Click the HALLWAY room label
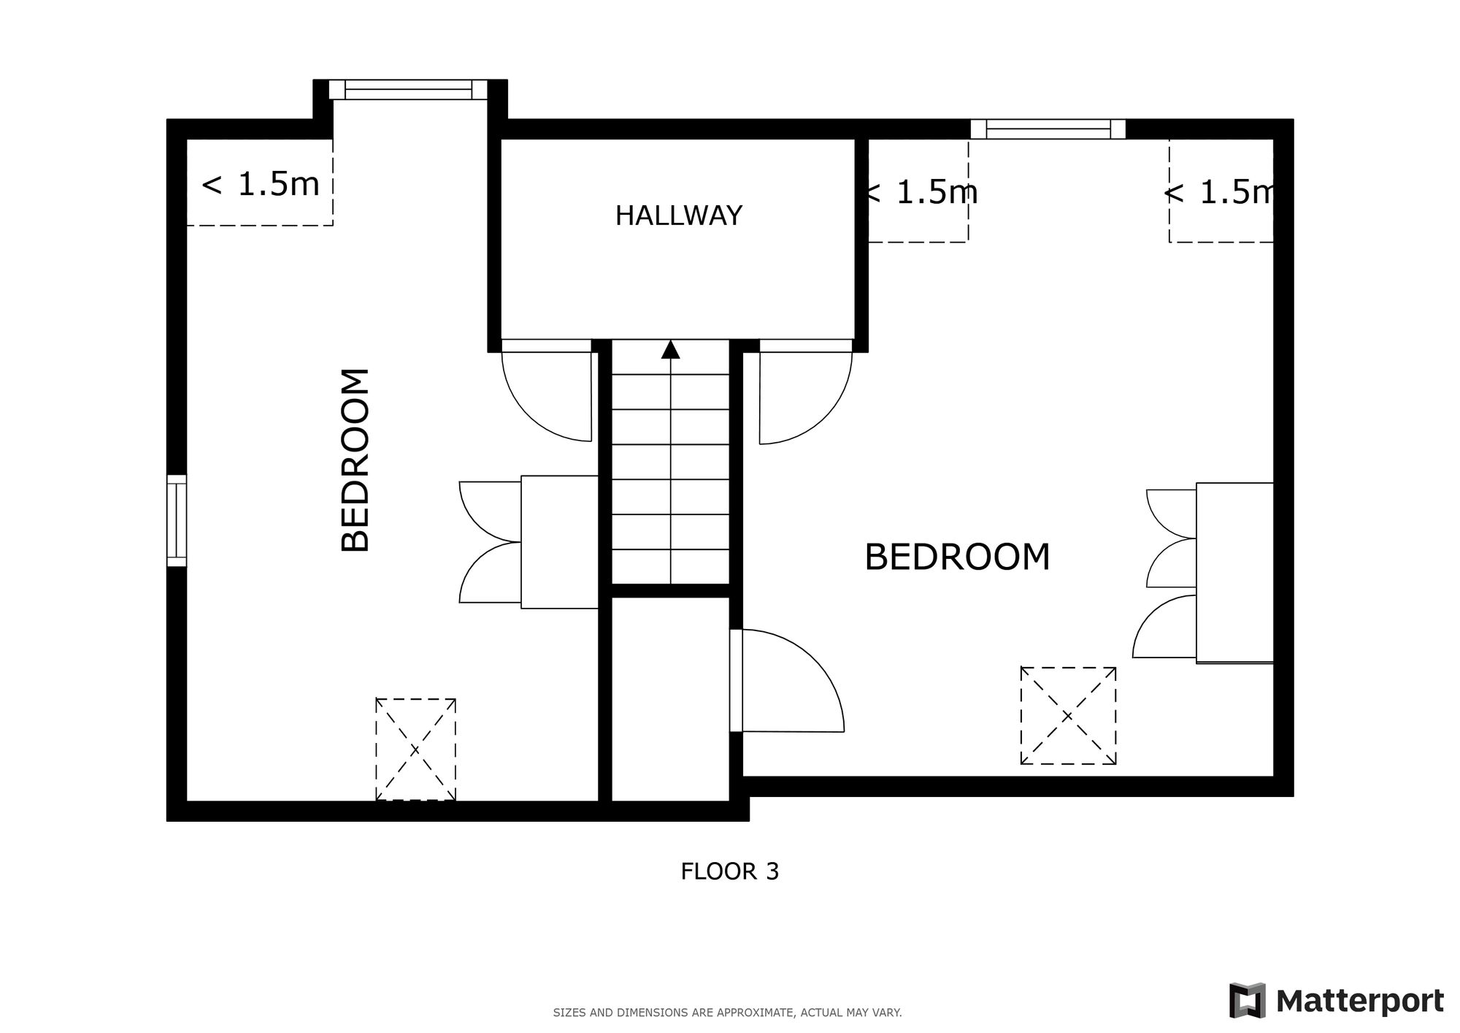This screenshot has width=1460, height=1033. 679,216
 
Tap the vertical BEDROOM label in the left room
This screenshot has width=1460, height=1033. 356,460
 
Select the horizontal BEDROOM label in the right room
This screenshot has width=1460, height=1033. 957,557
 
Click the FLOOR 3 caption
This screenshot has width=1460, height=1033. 730,872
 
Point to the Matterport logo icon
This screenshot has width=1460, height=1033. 1248,1001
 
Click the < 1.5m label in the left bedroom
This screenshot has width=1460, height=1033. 261,184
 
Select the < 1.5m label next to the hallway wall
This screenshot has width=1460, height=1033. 922,192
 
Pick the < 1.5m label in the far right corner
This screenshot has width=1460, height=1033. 1219,192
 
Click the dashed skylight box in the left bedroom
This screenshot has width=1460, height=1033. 415,750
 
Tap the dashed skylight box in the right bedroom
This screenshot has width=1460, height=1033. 1068,716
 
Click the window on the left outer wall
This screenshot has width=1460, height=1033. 177,521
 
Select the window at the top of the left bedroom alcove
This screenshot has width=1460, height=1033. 408,90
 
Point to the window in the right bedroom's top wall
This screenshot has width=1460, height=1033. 1048,129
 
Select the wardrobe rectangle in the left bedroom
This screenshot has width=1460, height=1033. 560,542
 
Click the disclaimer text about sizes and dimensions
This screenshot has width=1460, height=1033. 728,1013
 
